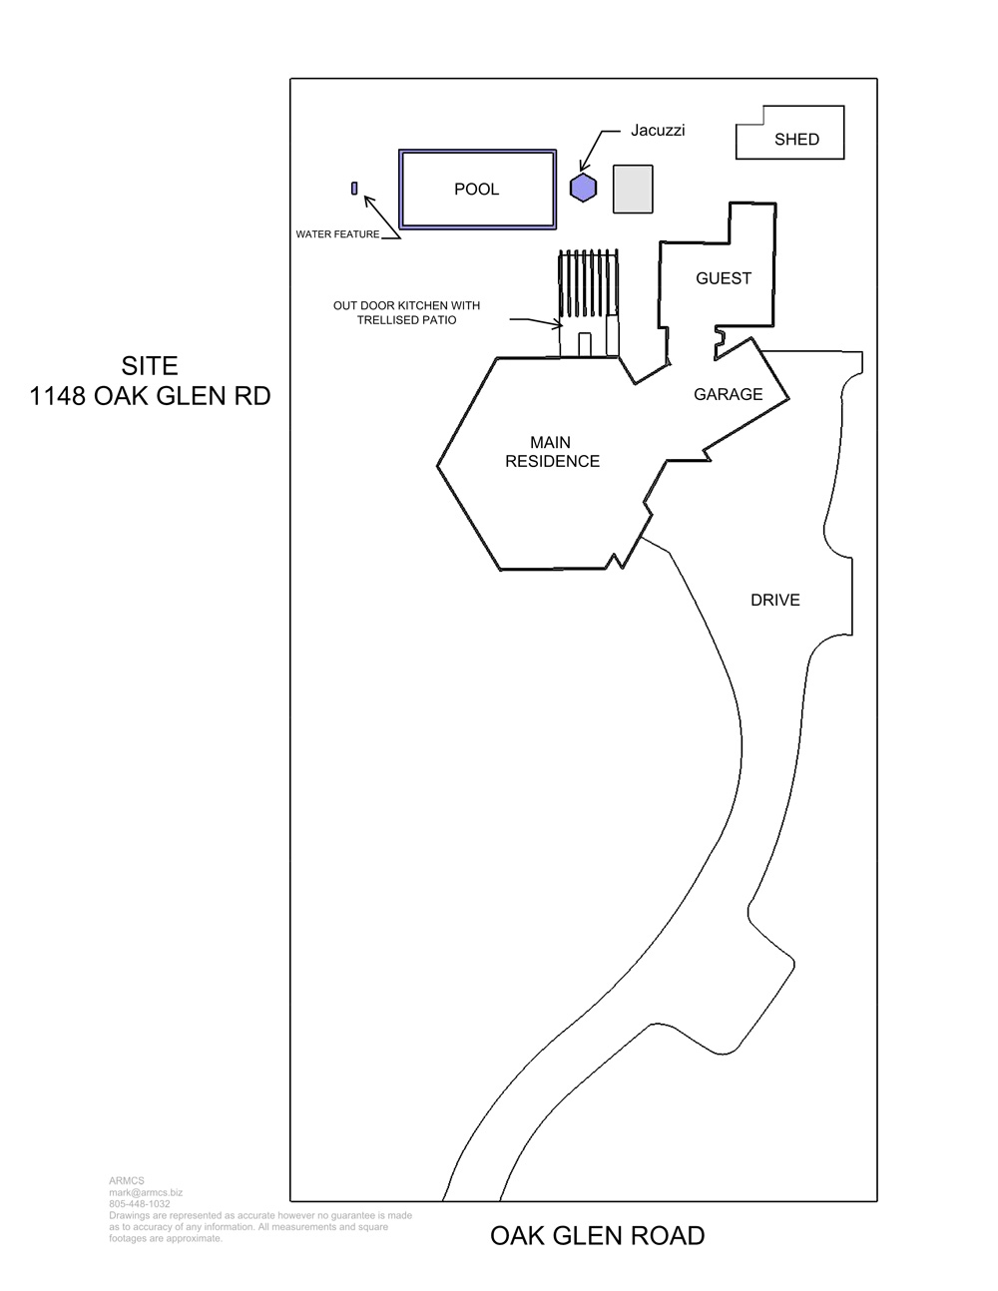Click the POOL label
pos(476,189)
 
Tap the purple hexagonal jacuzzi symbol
pos(584,188)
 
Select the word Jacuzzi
pos(658,130)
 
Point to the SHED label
pos(796,139)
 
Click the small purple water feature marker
pos(354,189)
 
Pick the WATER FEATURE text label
pos(337,234)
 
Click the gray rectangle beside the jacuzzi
pos(634,189)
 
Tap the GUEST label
pos(724,278)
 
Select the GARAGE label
pos(729,394)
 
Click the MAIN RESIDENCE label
pos(552,452)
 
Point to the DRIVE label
pos(775,600)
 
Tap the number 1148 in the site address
pos(58,396)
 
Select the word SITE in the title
pos(150,366)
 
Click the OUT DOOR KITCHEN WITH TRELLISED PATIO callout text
pos(406,312)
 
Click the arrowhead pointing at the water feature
pos(368,201)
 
